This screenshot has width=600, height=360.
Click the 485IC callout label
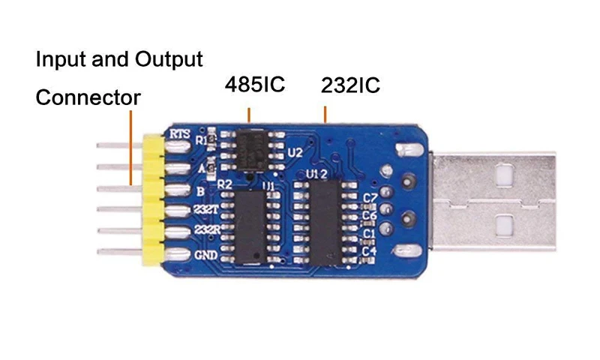coord(255,84)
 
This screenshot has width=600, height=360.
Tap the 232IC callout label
coord(350,85)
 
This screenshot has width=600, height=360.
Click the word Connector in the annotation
coord(88,97)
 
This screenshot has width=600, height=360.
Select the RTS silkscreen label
coord(179,134)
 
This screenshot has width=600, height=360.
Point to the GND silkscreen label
coord(205,255)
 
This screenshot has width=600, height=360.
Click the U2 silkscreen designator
coord(295,153)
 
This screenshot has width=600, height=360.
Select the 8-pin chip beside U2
coord(250,151)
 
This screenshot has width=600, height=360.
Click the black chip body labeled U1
coord(250,228)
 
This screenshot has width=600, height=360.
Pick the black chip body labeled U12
coord(325,223)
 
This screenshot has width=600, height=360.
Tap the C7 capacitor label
coord(370,198)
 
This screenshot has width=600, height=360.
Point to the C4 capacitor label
coord(370,251)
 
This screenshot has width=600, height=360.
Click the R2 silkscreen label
coord(224,184)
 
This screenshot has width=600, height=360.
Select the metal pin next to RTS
coord(119,145)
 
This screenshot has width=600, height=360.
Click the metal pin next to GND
coord(120,252)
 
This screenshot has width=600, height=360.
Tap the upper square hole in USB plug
coord(503,175)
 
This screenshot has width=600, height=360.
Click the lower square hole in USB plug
coord(504,225)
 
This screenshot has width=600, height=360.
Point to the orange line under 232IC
coord(325,115)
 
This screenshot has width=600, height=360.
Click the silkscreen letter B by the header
coord(200,191)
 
